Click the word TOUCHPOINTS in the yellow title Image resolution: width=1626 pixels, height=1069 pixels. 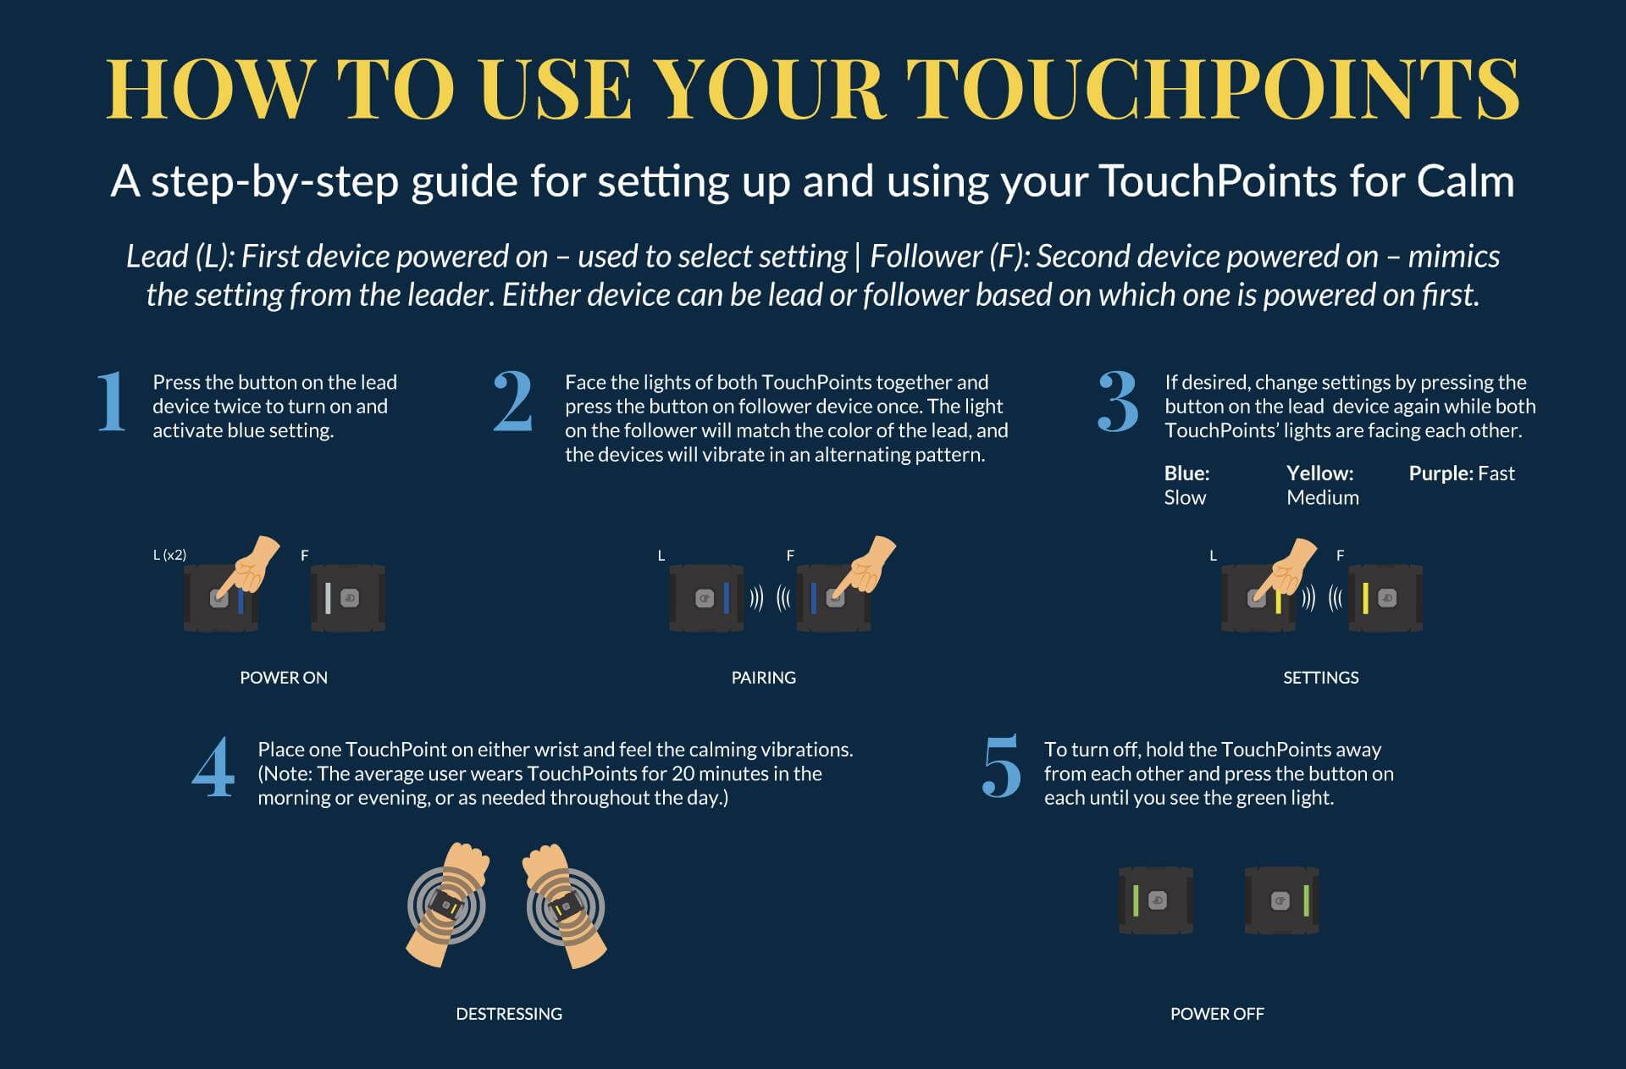click(1213, 88)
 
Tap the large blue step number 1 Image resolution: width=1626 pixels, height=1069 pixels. click(111, 402)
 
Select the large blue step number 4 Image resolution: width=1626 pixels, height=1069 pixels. click(213, 767)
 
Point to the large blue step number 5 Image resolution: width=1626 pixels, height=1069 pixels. click(1001, 767)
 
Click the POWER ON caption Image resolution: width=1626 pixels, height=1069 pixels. click(283, 678)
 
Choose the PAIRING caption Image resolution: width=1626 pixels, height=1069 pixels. click(763, 678)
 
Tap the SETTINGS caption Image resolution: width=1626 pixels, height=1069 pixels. click(1320, 678)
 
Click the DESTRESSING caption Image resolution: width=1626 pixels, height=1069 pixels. click(508, 1014)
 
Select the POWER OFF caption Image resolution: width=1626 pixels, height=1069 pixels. click(1216, 1014)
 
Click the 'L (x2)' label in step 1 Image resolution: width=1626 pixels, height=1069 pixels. click(169, 556)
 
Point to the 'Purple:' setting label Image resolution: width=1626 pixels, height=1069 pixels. click(1441, 474)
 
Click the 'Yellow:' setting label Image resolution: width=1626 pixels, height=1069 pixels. click(1319, 474)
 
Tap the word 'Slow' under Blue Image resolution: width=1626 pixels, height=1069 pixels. click(1184, 498)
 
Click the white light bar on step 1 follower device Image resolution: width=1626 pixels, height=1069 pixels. click(328, 599)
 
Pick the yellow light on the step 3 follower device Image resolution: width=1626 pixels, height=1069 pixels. click(1365, 599)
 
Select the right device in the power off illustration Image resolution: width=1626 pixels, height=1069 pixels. click(1281, 900)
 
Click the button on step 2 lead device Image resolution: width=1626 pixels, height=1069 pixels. click(704, 599)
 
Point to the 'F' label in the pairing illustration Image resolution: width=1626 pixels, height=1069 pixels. click(790, 556)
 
